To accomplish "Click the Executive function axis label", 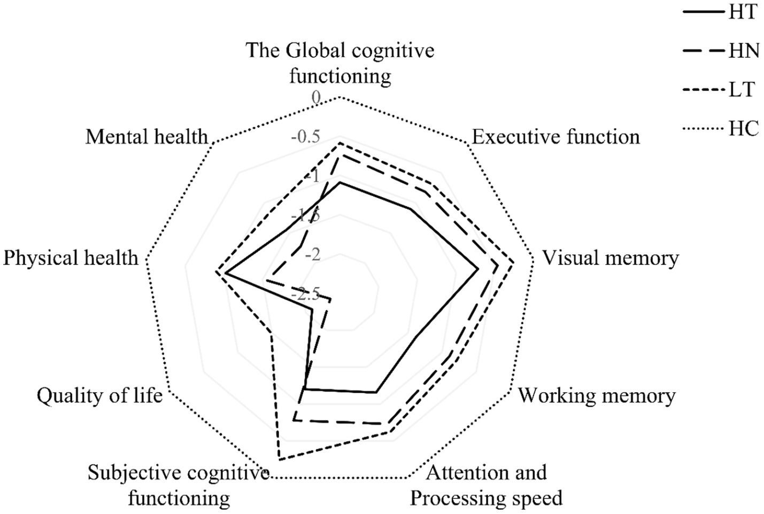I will (555, 137).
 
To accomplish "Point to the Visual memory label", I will (611, 258).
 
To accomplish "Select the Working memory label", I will (597, 396).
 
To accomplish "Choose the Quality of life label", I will (99, 396).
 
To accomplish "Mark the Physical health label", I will (71, 258).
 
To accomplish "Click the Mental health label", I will (146, 137).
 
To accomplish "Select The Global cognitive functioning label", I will (340, 63).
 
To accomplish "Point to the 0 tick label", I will (316, 97).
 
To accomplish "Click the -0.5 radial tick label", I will (305, 137).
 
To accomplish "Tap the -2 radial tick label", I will (312, 255).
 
